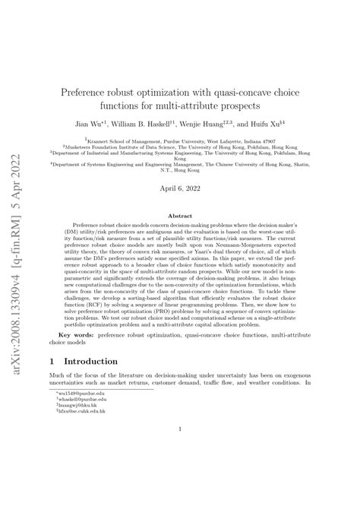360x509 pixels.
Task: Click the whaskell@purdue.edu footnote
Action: [81, 466]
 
